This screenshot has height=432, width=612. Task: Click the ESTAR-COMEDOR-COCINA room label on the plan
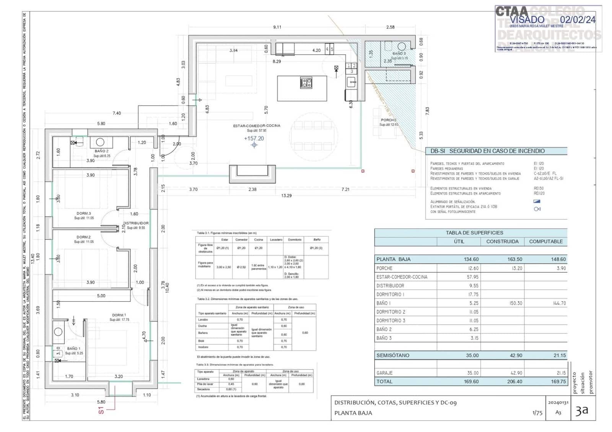(257, 125)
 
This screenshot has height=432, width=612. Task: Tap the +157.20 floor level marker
(254, 138)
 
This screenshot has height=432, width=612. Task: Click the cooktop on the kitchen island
(306, 83)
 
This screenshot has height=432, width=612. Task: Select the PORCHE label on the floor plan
(389, 120)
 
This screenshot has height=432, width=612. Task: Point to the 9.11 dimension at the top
(277, 27)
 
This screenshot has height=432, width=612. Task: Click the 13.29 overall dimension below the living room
(286, 195)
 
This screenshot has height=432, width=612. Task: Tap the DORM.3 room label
(84, 213)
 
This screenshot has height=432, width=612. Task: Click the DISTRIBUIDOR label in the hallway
(136, 223)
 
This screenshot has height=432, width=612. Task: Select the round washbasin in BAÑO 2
(100, 142)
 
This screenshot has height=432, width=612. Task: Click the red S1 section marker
(101, 410)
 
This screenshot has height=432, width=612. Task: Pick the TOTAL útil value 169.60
(471, 382)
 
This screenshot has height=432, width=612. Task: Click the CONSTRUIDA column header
(502, 242)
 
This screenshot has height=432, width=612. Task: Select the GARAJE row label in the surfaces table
(384, 373)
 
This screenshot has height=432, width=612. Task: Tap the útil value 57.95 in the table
(472, 277)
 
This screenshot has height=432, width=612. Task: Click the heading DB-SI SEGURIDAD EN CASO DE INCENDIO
(487, 151)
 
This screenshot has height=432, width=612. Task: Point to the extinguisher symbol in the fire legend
(537, 209)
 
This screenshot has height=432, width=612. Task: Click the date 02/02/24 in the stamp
(578, 19)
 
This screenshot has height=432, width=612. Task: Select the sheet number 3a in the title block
(582, 411)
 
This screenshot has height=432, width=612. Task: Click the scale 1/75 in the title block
(537, 413)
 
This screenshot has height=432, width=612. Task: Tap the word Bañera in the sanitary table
(203, 333)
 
